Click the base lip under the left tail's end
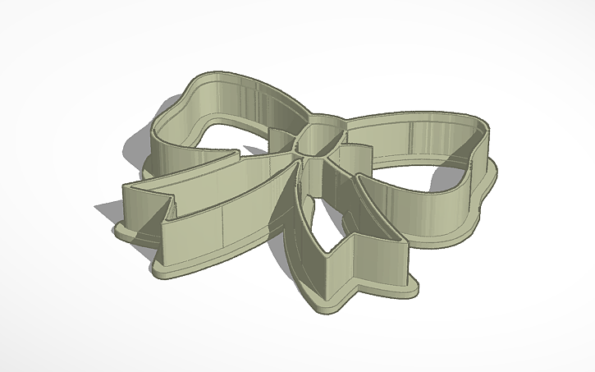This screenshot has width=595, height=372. tap(135, 238)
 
